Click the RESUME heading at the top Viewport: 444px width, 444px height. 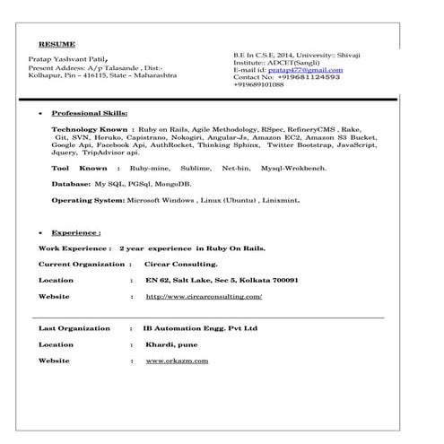point(57,43)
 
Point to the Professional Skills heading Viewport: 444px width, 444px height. point(90,114)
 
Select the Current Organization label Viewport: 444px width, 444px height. point(82,264)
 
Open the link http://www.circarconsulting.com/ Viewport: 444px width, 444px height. point(204,296)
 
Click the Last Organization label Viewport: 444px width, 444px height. point(75,328)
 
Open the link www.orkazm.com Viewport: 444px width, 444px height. point(177,361)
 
